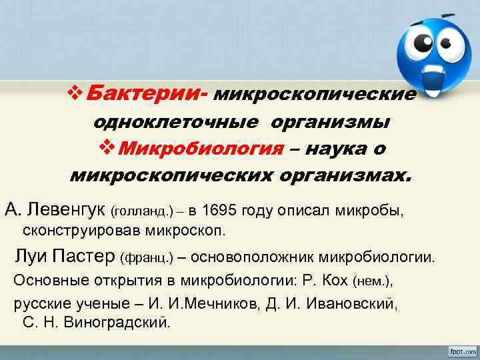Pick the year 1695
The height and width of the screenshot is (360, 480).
coord(223,211)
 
